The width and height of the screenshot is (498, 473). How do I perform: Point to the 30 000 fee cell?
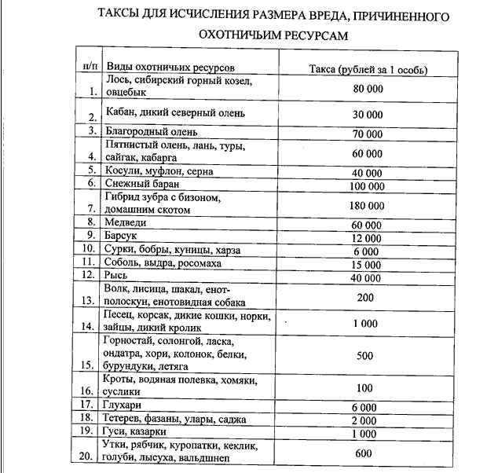(x=368, y=114)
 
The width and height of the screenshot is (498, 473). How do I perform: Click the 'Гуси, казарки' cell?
(x=138, y=432)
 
